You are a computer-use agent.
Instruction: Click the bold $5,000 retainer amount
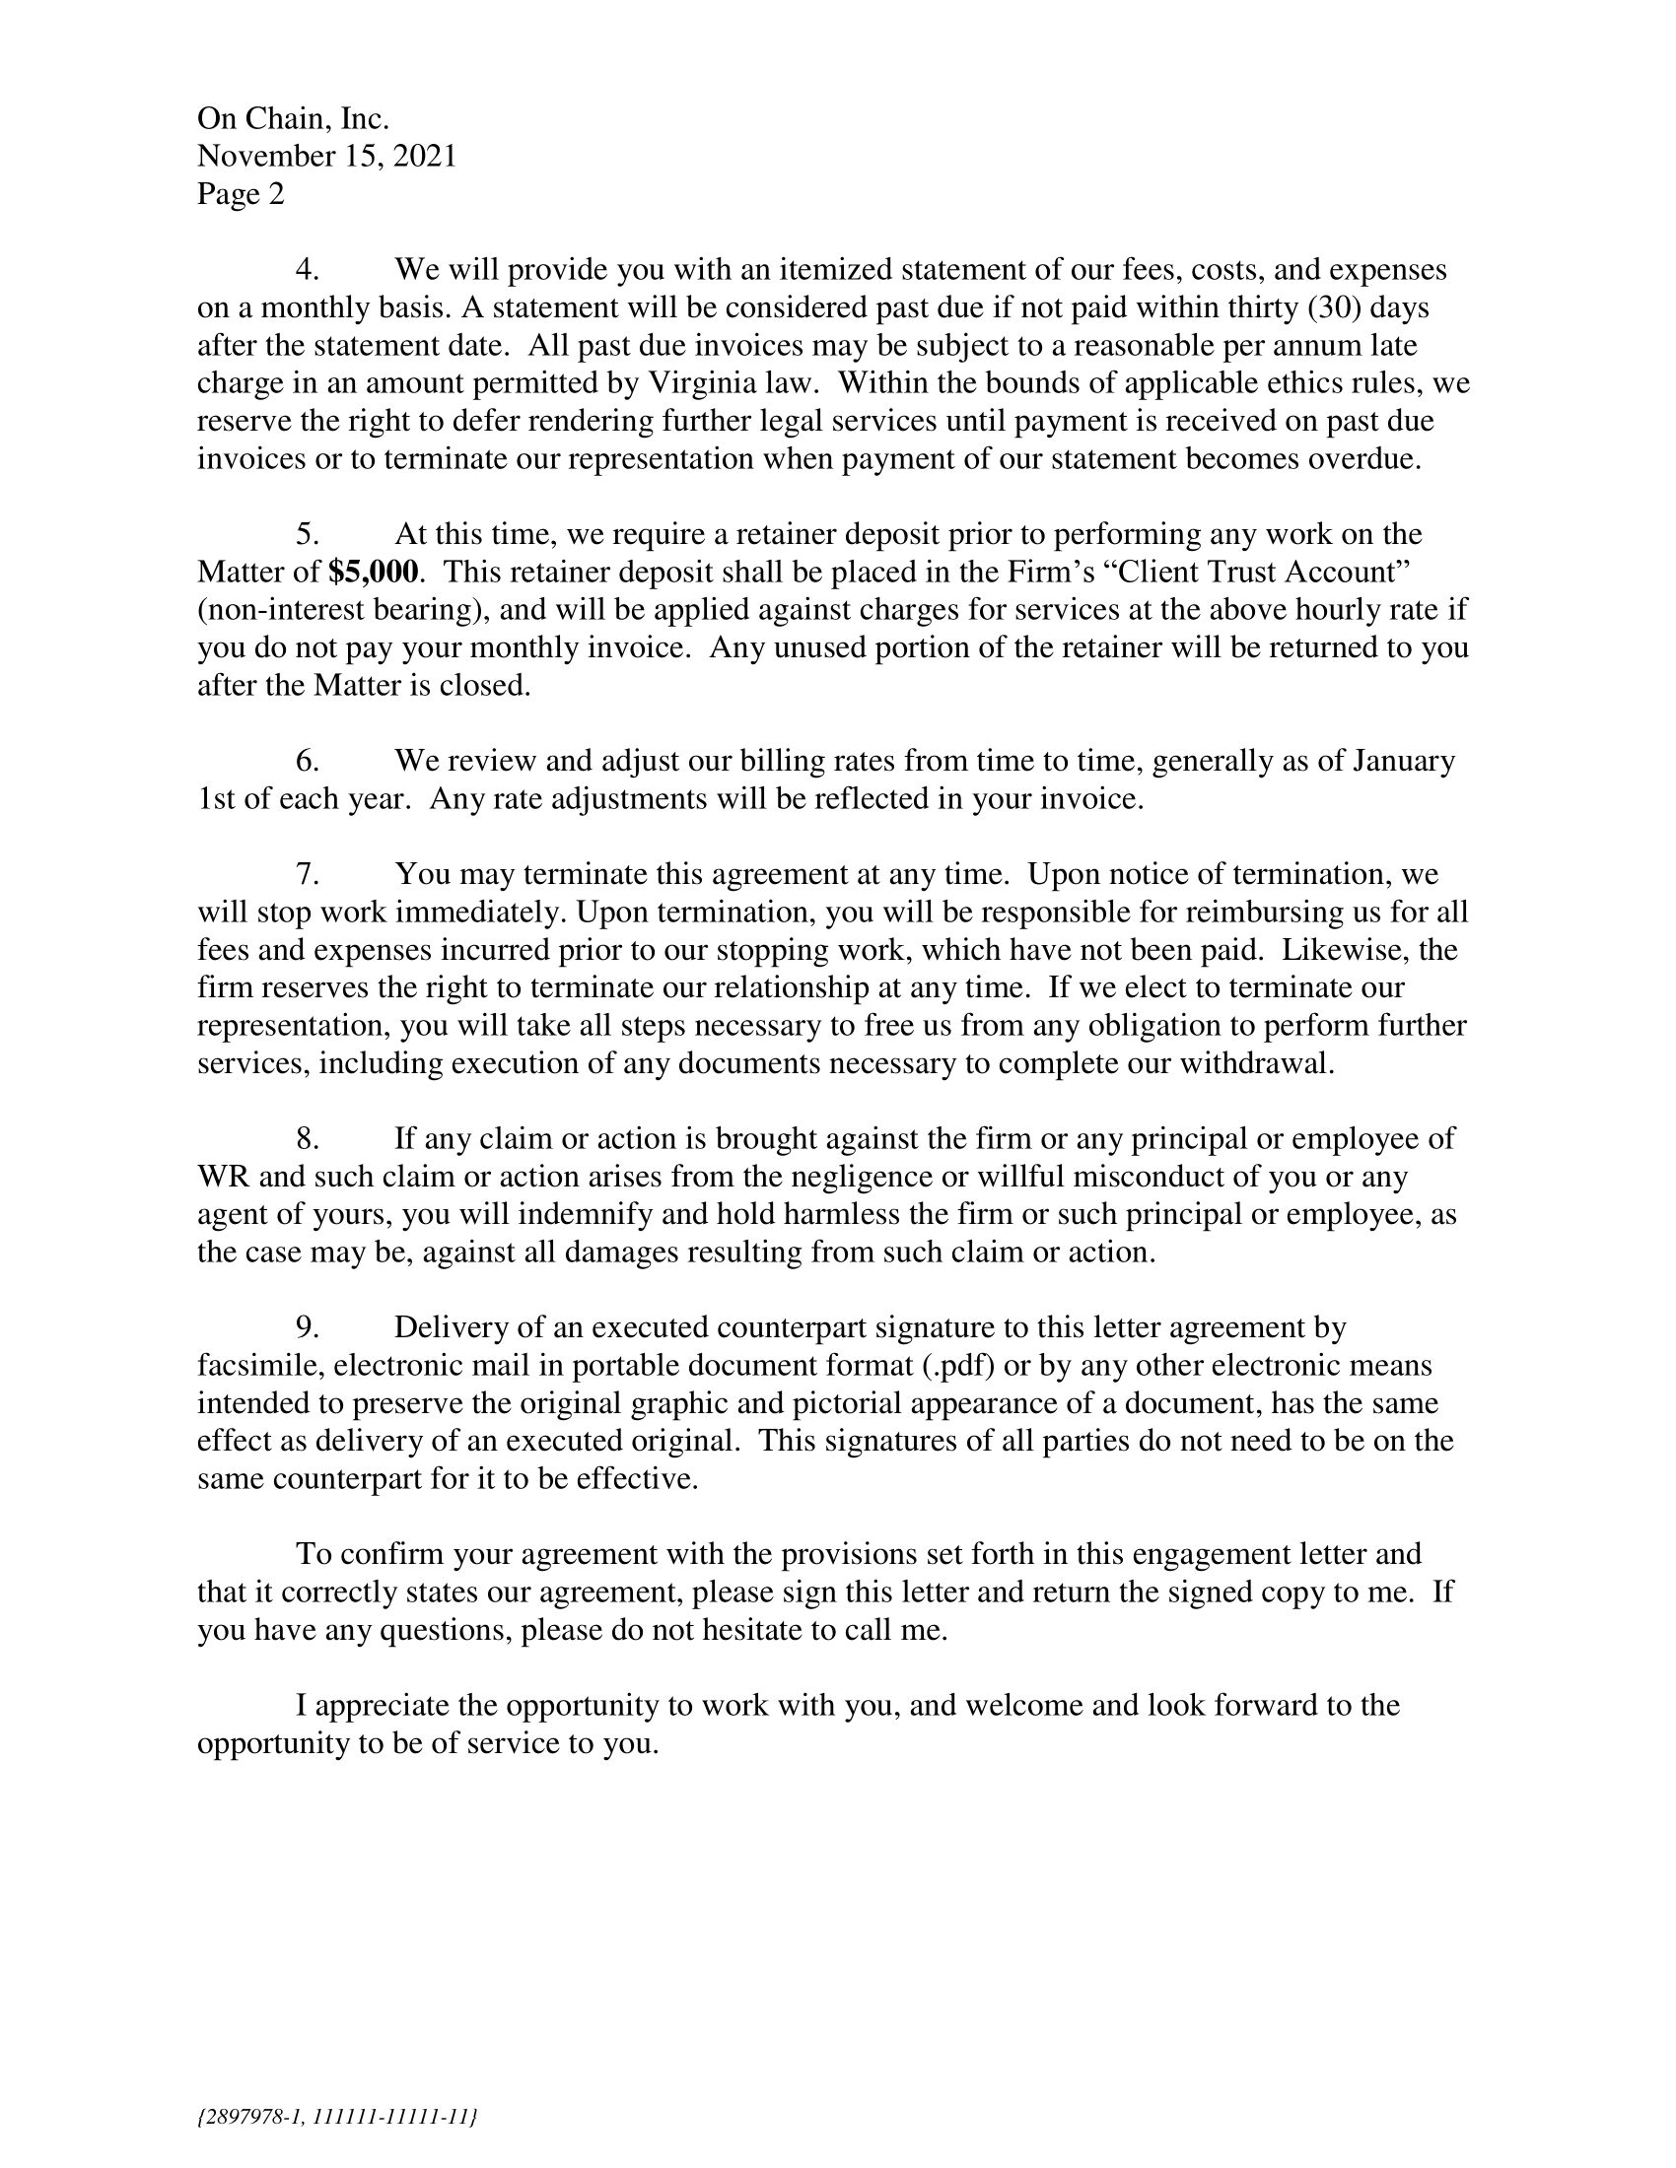point(374,572)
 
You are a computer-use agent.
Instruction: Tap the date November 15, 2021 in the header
point(326,156)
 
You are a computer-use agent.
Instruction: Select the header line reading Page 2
point(241,193)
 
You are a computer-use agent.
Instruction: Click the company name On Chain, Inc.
point(293,118)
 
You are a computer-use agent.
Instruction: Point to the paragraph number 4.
point(307,269)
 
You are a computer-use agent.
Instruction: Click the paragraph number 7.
point(307,873)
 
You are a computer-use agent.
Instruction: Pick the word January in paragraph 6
point(1401,761)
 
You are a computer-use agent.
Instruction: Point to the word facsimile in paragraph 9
point(261,1365)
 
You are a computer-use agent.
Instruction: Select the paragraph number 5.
point(307,534)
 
